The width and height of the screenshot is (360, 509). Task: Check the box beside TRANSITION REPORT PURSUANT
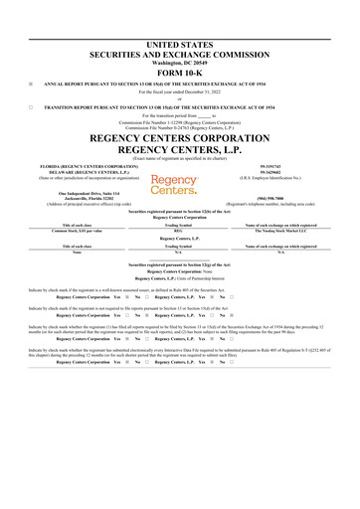point(31,104)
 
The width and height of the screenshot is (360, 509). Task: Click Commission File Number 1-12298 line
point(180,120)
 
